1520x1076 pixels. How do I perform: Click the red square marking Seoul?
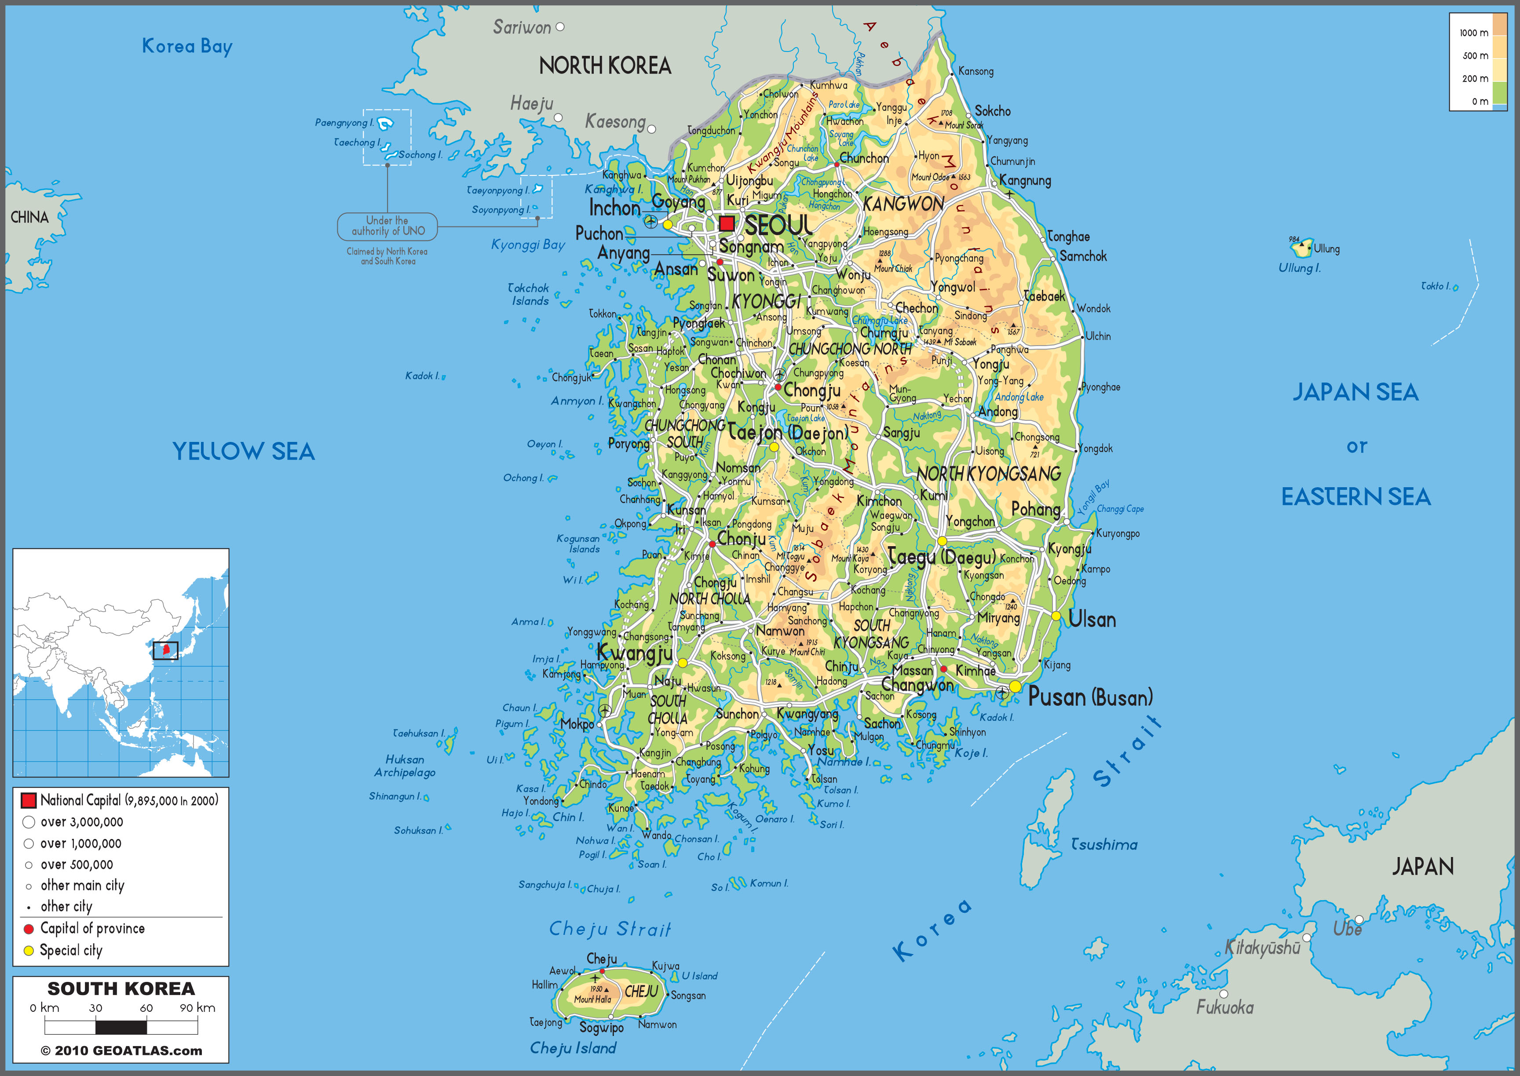click(727, 223)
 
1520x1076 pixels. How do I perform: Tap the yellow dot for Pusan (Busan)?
click(1015, 686)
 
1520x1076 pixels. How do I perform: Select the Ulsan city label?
click(1092, 620)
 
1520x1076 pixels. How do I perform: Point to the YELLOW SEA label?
click(243, 451)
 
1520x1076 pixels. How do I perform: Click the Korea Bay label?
click(187, 46)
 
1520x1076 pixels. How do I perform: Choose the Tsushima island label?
click(1104, 845)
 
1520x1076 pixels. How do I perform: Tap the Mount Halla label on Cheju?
click(592, 999)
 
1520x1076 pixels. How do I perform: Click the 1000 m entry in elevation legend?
click(1474, 33)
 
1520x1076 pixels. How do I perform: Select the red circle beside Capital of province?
click(29, 929)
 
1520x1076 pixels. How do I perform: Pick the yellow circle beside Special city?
click(29, 951)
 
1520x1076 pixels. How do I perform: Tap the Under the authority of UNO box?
click(387, 226)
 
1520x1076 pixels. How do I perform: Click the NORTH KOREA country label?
click(605, 66)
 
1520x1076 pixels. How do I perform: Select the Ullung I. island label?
click(1299, 268)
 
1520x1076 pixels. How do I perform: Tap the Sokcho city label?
click(993, 111)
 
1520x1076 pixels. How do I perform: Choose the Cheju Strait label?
click(610, 929)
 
